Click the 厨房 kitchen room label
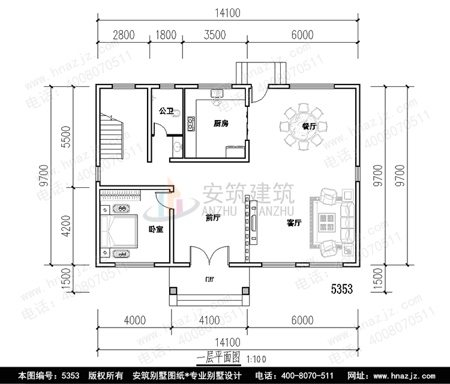221,124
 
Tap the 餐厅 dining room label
310,127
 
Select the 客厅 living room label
293,223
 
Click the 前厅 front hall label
212,218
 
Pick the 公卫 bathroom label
166,112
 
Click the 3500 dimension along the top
214,35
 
